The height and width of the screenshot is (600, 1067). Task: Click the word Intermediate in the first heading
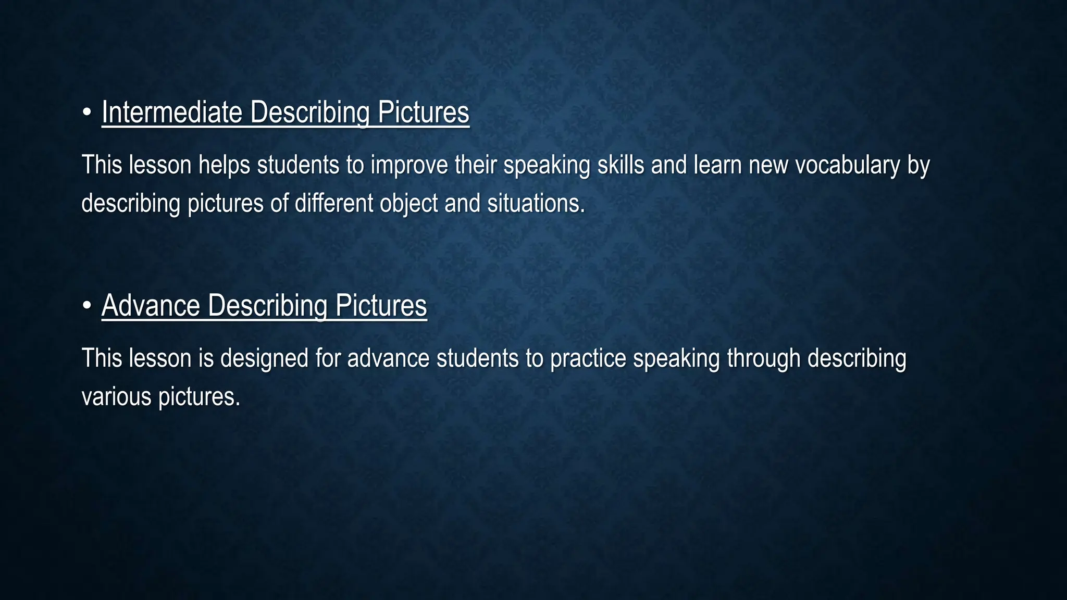click(172, 112)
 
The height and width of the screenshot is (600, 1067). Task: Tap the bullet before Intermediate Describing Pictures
click(87, 112)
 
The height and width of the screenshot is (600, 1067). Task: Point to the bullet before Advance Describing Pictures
click(87, 305)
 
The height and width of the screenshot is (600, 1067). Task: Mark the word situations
click(536, 203)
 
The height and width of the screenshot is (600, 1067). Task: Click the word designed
click(264, 359)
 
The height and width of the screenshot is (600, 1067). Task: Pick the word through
click(763, 359)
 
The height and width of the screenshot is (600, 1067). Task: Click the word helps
click(224, 166)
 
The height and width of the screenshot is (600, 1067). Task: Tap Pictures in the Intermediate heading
click(423, 112)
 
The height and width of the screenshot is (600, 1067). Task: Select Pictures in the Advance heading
click(381, 305)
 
